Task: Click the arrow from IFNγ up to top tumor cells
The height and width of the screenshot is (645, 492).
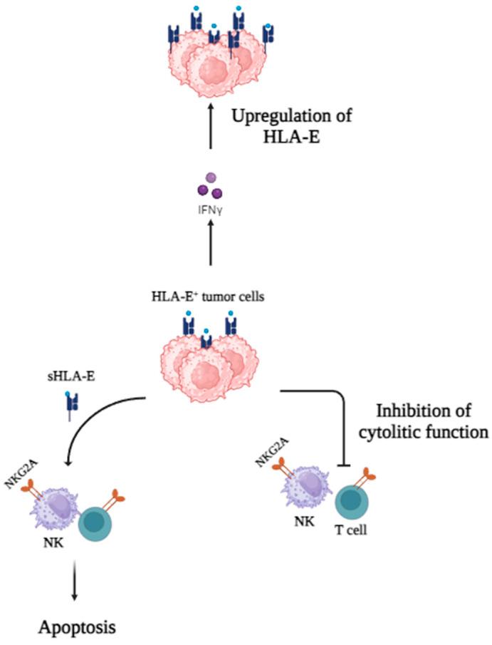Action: click(210, 128)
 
